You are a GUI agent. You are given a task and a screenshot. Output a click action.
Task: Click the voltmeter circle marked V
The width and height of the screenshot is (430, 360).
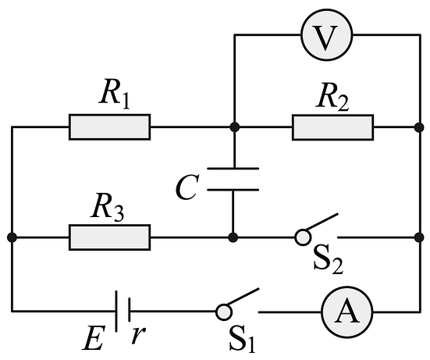(327, 35)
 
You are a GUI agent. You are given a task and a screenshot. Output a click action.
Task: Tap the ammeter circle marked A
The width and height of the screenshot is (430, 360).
(347, 312)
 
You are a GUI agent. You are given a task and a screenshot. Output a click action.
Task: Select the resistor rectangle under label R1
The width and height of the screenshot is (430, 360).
(110, 127)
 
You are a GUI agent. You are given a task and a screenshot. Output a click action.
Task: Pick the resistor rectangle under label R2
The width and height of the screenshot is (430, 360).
(332, 127)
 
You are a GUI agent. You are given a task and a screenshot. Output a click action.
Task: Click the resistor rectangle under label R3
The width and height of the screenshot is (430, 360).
(110, 237)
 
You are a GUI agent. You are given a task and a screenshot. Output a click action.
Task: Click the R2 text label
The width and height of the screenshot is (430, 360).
(332, 98)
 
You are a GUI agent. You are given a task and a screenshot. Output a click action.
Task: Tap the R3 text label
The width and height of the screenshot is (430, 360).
(107, 206)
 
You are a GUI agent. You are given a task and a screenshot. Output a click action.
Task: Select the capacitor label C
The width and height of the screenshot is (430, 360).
(187, 187)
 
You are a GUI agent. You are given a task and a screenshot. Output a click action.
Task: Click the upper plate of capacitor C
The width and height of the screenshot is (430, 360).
(233, 168)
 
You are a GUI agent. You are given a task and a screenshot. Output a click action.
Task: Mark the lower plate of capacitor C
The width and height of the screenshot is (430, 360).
(233, 190)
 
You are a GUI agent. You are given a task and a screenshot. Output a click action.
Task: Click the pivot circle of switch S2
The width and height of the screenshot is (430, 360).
(303, 237)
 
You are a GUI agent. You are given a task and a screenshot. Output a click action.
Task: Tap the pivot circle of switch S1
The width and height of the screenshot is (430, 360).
(224, 312)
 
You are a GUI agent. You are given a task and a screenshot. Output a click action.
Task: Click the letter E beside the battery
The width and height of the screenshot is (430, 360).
(94, 338)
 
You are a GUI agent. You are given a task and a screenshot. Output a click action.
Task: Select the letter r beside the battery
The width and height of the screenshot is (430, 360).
(138, 335)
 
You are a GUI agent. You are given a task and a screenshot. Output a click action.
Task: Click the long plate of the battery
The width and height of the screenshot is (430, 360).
(116, 312)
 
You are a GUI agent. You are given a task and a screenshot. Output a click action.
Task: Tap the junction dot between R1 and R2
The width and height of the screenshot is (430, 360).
(234, 127)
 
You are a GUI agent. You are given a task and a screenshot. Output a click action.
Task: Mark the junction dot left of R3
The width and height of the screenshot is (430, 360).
(12, 237)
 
